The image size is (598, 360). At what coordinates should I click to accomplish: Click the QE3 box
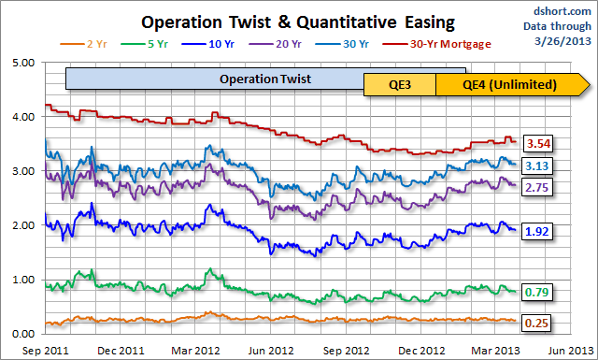tap(399, 85)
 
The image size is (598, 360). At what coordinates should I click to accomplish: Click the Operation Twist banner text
tap(265, 79)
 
